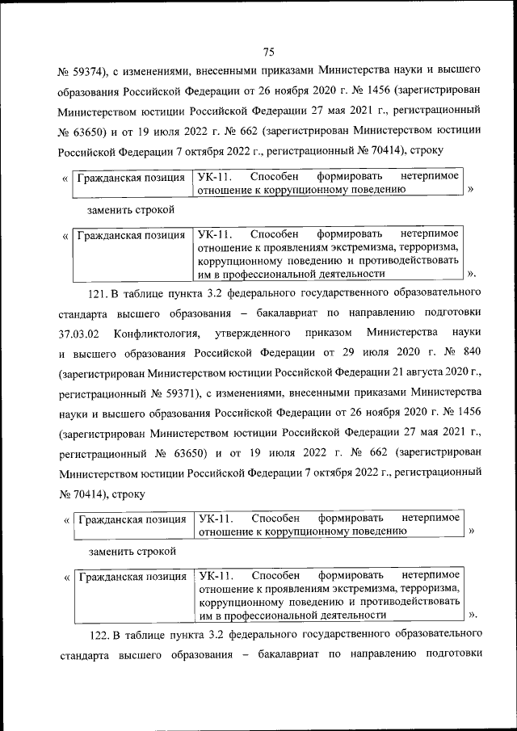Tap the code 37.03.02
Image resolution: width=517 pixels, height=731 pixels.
[x=78, y=333]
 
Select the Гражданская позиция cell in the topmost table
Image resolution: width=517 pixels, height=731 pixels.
[x=131, y=176]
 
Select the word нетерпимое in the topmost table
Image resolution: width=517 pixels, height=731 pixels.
[x=430, y=176]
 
